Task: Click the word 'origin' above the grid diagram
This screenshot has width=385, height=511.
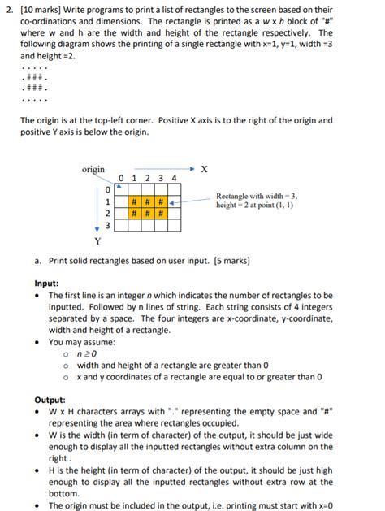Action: tap(93, 169)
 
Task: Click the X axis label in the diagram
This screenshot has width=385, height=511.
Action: tap(204, 169)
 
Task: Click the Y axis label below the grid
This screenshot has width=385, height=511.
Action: tap(98, 240)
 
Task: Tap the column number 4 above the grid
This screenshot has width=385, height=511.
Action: tap(174, 179)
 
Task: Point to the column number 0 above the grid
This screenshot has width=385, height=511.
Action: tap(120, 179)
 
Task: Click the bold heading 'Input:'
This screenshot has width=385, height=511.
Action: tap(46, 284)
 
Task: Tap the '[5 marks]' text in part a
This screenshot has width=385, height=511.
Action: tap(231, 261)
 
